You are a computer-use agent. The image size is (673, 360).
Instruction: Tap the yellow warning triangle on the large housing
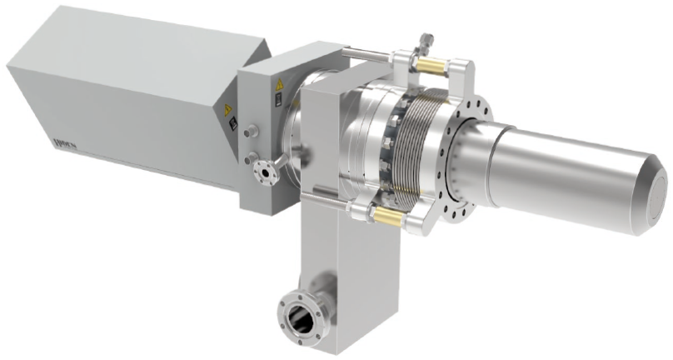coord(226,109)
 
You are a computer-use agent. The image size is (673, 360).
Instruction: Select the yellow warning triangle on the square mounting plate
coord(276,86)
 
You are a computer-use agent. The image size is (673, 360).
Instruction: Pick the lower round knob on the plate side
coord(249,156)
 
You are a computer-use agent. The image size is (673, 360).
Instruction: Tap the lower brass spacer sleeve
coord(386,217)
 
